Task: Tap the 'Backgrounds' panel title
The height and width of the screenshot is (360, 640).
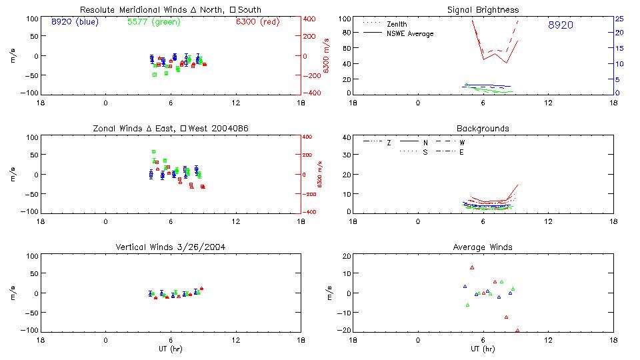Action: click(483, 128)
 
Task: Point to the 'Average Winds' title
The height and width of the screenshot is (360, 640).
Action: click(483, 247)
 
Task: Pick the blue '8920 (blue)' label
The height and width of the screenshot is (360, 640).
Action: click(74, 21)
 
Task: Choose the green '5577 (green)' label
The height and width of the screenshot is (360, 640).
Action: click(153, 21)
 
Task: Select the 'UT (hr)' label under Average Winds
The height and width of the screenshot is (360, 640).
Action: click(483, 349)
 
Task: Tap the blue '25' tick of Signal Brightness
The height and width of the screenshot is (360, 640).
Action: click(619, 18)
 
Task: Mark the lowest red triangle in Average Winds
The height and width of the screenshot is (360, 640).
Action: click(517, 330)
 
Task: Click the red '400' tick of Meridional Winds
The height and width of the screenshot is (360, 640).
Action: click(310, 18)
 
